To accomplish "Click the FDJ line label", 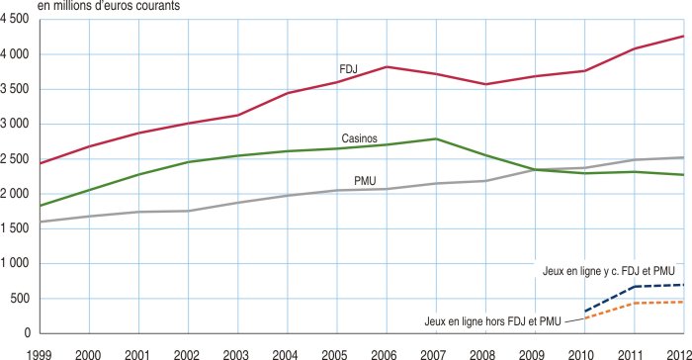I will [x=347, y=68].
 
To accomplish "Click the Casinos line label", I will [x=359, y=138].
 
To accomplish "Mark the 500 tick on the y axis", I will [x=20, y=299].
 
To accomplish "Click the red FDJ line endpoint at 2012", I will [x=682, y=37].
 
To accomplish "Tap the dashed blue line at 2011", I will [x=633, y=287].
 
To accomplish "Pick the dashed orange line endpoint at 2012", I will [x=682, y=302].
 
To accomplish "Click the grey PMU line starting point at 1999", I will [x=40, y=222].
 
